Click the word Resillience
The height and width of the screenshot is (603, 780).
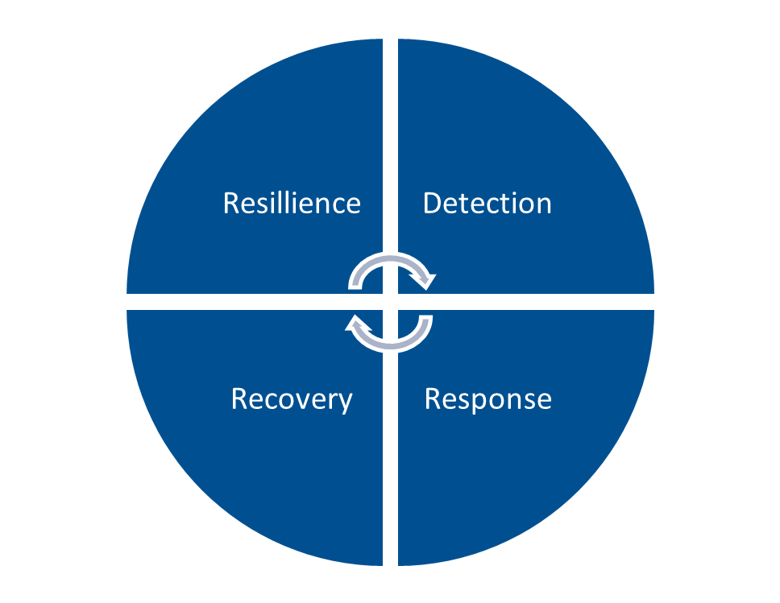click(x=292, y=203)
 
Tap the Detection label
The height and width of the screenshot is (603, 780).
click(x=487, y=203)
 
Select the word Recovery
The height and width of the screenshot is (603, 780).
click(x=292, y=399)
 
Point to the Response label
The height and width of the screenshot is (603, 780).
click(x=487, y=399)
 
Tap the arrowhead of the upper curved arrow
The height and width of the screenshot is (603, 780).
click(x=425, y=280)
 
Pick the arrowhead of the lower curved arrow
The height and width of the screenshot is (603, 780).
click(x=355, y=324)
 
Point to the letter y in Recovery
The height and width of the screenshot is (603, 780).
click(x=346, y=402)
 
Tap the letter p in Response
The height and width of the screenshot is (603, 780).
click(x=481, y=402)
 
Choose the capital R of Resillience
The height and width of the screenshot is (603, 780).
click(x=231, y=203)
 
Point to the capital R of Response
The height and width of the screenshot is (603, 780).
click(x=433, y=399)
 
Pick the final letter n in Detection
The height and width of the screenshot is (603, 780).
click(x=544, y=204)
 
